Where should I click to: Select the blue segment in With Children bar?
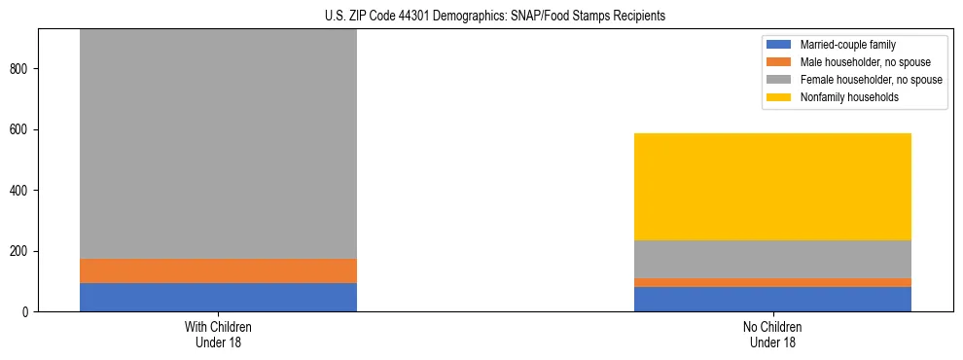click(x=218, y=297)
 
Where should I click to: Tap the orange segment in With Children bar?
click(x=218, y=270)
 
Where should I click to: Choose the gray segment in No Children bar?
click(x=772, y=259)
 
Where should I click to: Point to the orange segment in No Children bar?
click(x=772, y=282)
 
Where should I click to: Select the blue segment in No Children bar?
click(x=772, y=299)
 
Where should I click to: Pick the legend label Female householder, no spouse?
click(x=871, y=80)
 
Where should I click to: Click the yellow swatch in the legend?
click(x=779, y=97)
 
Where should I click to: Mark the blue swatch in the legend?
click(x=779, y=45)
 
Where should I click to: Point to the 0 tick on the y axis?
click(x=29, y=312)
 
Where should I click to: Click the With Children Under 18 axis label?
click(x=218, y=335)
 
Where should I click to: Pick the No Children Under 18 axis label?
click(x=772, y=335)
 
